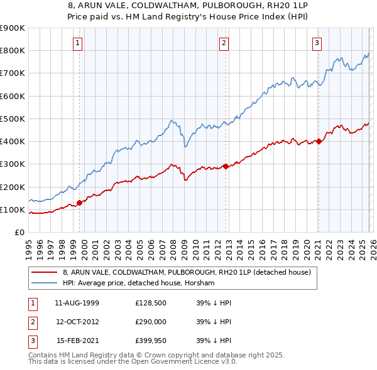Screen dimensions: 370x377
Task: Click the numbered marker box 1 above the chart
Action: (77, 43)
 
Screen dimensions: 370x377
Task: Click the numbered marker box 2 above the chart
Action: (224, 43)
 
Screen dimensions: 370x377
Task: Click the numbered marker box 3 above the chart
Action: (317, 43)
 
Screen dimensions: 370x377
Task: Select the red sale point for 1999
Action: (80, 203)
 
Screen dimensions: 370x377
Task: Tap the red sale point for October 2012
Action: (226, 166)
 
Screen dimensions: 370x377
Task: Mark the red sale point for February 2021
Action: (319, 141)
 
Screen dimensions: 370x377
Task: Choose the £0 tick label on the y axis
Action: (19, 232)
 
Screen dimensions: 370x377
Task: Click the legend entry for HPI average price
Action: (138, 283)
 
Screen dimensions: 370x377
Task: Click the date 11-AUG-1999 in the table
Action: (77, 302)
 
